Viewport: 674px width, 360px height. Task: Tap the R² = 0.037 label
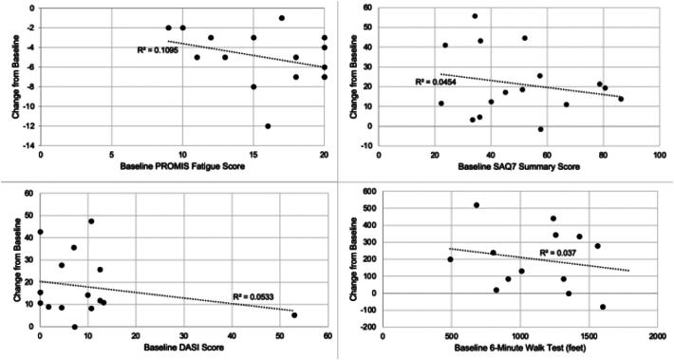(x=561, y=252)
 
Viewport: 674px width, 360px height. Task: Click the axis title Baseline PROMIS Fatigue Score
(x=183, y=168)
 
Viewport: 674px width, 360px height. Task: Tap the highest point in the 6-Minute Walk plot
(x=477, y=205)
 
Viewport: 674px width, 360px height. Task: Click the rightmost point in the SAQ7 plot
(x=621, y=99)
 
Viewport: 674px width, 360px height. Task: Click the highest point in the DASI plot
(x=91, y=221)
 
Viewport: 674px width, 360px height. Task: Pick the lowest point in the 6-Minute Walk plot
(x=603, y=307)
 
